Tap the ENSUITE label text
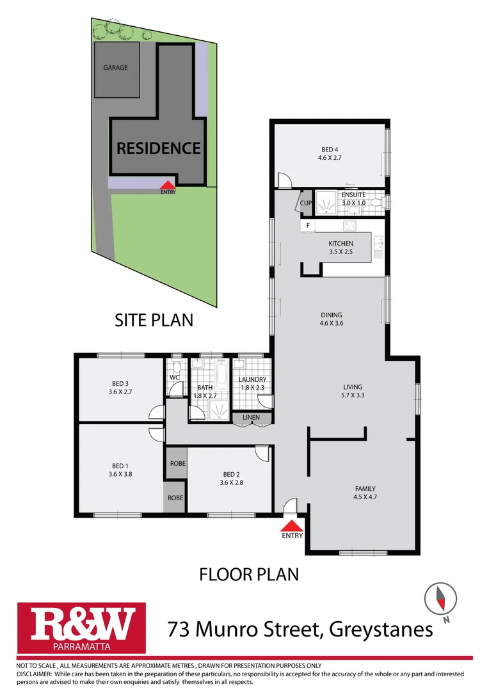point(353,195)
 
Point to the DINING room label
point(332,319)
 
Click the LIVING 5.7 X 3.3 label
point(352,391)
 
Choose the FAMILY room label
point(365,492)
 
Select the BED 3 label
point(120,387)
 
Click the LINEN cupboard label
point(252,418)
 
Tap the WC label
point(174,377)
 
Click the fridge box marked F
point(308,225)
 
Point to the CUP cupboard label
point(305,203)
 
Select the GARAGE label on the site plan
point(116,67)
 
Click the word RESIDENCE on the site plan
point(158,148)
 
